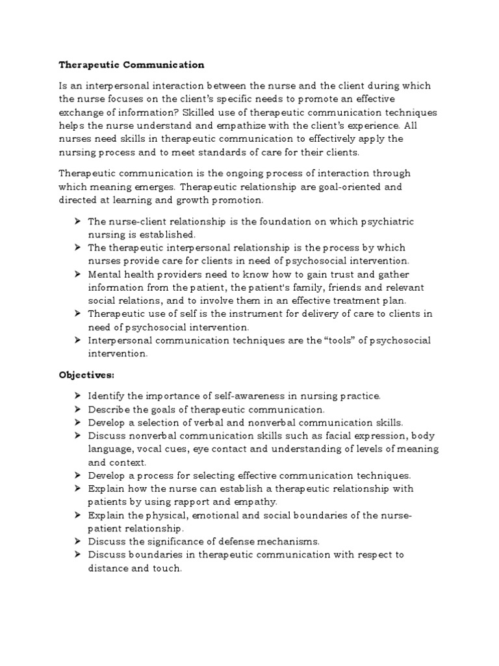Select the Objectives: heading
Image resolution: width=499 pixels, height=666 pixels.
point(86,375)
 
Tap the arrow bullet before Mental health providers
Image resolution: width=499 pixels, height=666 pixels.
point(77,274)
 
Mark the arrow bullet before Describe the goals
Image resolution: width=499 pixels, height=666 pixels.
point(77,408)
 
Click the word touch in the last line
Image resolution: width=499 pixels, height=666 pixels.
point(168,568)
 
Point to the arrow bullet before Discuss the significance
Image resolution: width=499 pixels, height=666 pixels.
point(77,541)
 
